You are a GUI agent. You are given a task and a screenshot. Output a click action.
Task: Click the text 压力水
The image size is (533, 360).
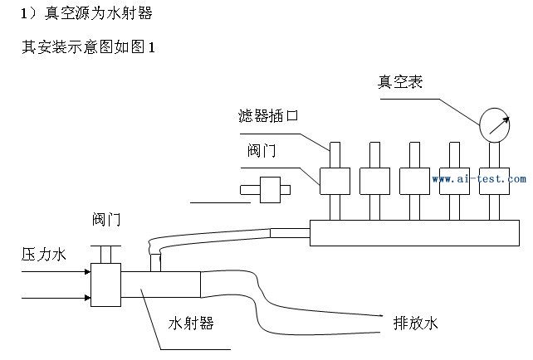click(x=42, y=255)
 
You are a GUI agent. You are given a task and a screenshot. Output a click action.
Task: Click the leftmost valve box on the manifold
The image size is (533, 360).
click(x=335, y=180)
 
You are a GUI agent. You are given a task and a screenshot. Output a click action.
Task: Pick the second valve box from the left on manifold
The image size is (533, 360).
click(x=374, y=180)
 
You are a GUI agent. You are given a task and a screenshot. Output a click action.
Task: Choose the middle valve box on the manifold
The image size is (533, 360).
click(x=414, y=180)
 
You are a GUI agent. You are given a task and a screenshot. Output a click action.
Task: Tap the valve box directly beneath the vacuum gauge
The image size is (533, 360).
click(x=494, y=180)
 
